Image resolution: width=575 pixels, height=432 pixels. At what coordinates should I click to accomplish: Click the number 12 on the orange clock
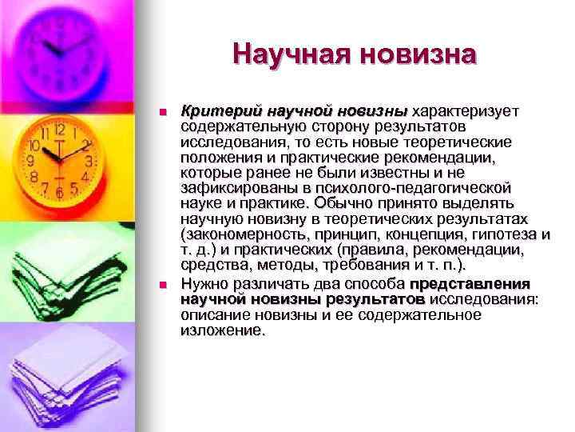59,127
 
